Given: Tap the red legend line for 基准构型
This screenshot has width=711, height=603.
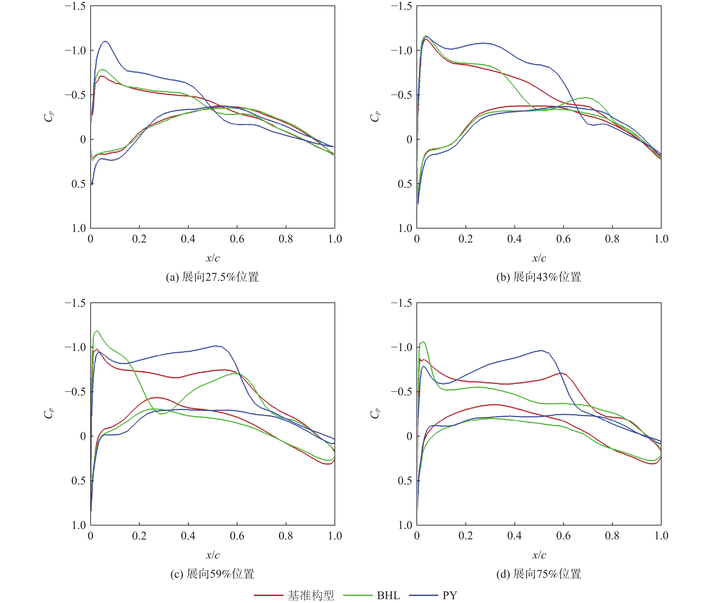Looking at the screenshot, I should point(268,595).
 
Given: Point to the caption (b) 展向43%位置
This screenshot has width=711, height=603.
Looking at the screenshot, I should point(539,277).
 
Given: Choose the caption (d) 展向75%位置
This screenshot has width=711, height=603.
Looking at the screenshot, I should point(539,574).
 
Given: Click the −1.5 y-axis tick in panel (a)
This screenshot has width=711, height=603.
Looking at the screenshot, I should point(76,6).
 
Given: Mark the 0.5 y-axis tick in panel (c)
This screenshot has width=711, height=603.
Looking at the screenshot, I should point(79,481).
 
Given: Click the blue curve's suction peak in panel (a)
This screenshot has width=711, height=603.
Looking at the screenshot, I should point(105,41).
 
